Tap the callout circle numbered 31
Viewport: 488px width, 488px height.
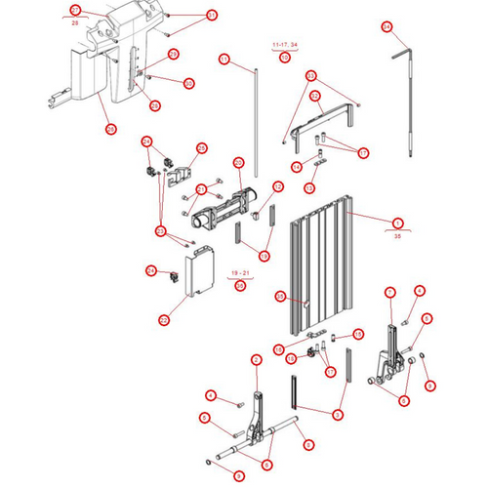click(212, 17)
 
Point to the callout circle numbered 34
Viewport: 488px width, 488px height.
click(386, 26)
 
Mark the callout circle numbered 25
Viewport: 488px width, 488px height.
click(110, 127)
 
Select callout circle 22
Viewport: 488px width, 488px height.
click(163, 318)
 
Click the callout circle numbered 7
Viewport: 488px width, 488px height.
click(389, 292)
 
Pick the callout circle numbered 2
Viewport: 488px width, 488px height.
click(256, 360)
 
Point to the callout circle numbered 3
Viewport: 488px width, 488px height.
click(338, 415)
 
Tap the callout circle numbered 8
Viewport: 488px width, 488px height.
click(404, 398)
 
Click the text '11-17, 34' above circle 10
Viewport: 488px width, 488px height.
click(285, 45)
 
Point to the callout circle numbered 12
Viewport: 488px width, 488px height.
click(277, 186)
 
